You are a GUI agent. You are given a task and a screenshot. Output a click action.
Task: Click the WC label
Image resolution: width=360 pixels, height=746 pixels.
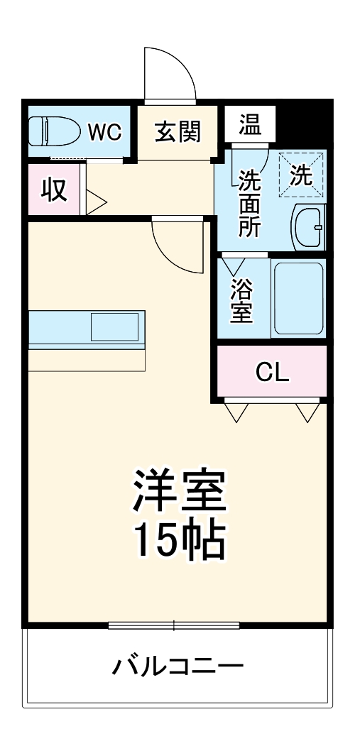(104, 131)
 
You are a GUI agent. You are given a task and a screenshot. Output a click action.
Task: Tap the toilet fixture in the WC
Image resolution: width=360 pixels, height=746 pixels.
(54, 132)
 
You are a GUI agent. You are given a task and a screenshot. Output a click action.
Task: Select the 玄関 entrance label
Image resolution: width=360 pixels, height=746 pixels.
(178, 131)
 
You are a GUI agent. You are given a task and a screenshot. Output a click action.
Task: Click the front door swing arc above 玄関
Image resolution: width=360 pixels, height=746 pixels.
(170, 75)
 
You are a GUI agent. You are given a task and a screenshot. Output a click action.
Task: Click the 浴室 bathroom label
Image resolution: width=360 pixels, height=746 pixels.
(241, 300)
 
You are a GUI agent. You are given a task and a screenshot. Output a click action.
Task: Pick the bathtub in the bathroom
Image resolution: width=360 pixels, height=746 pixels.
(298, 298)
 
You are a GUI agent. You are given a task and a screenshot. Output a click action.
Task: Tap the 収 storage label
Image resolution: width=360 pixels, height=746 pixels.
(53, 190)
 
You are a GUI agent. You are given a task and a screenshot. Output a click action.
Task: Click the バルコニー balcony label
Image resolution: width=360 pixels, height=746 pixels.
(178, 667)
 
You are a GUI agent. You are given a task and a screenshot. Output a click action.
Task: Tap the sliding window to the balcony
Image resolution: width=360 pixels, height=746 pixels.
(174, 625)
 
